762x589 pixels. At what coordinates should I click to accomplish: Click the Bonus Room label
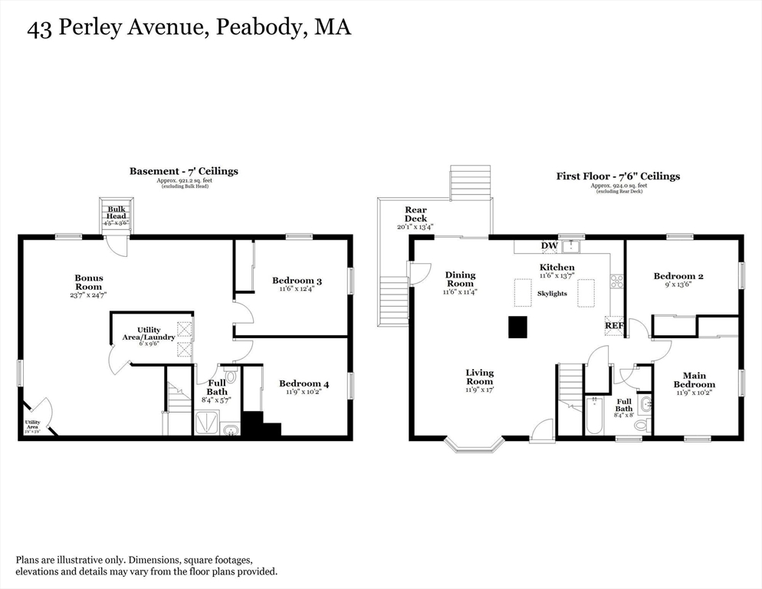click(88, 282)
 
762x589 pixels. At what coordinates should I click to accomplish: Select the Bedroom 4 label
click(304, 383)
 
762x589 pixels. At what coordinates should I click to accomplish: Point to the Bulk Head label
click(117, 212)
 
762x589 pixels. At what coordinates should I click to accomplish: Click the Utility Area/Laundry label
click(149, 334)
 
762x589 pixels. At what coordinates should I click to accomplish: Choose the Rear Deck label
click(416, 214)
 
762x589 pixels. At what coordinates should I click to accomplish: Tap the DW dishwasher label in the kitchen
click(549, 245)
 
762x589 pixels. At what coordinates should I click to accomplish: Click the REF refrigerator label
click(614, 325)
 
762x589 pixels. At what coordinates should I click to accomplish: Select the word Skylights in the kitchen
click(552, 294)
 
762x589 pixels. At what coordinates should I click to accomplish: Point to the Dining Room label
click(460, 279)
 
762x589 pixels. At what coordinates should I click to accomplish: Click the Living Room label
click(480, 377)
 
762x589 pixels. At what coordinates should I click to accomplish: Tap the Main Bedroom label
click(695, 380)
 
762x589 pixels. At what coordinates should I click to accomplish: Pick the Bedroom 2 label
click(678, 276)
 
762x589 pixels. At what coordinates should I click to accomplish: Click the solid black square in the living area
click(518, 327)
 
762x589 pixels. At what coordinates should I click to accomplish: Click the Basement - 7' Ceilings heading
click(183, 171)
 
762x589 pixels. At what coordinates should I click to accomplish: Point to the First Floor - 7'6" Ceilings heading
click(618, 176)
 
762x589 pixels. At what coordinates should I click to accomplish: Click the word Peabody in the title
click(255, 28)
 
